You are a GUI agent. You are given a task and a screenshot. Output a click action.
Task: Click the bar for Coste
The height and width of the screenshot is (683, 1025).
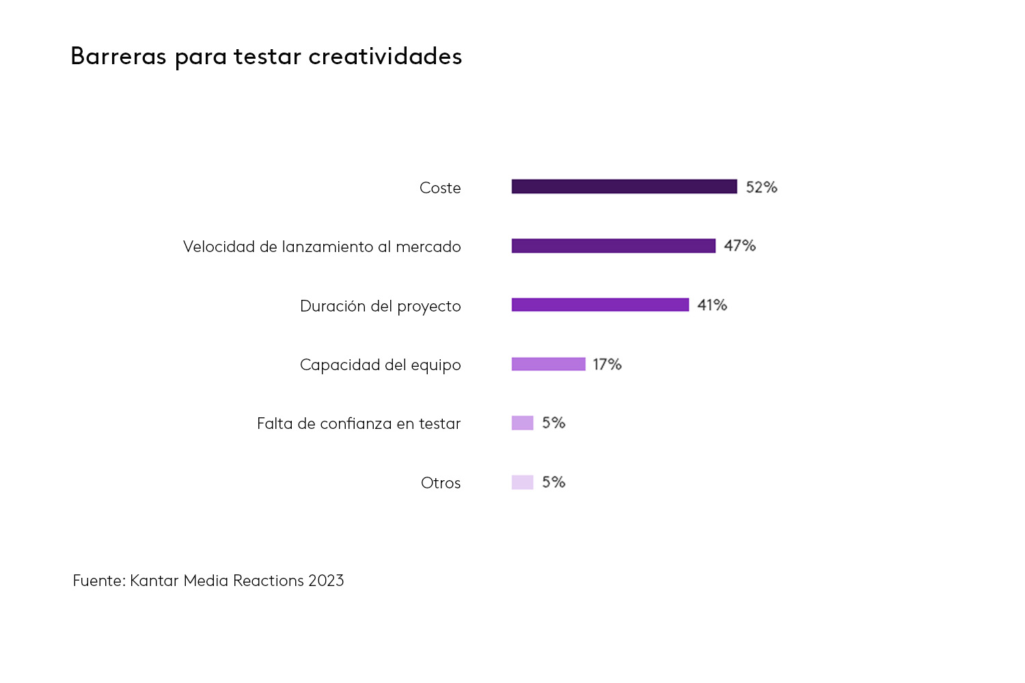coord(624,186)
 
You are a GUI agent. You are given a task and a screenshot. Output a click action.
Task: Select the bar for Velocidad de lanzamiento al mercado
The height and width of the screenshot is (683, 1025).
coord(613,246)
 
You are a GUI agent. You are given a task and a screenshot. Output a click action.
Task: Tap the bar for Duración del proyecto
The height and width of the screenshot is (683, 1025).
coord(600,305)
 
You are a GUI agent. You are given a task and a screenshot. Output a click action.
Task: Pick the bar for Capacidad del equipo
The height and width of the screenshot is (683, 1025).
coord(548,364)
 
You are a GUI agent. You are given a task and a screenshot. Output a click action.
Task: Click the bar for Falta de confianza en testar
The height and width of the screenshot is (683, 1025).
coord(522,423)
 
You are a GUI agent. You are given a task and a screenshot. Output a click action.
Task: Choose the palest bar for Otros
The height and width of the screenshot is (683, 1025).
coord(522,482)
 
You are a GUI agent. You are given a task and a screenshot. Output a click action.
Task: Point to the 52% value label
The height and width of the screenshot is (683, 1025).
coord(761,187)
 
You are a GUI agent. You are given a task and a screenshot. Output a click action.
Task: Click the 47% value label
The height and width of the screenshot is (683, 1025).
coord(739,246)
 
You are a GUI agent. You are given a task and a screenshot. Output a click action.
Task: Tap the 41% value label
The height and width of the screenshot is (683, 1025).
coord(711,305)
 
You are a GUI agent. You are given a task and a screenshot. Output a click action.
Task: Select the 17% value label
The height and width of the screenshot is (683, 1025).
coord(607,365)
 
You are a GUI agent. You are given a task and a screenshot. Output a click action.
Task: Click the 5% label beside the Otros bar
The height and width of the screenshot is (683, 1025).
coord(553,482)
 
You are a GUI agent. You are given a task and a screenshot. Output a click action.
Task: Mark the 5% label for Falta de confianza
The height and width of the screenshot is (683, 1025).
coord(553,423)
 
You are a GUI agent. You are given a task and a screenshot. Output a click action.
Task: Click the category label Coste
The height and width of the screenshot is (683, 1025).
coord(440,188)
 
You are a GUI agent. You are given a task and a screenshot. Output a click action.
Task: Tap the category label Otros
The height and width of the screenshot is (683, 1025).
coord(441,483)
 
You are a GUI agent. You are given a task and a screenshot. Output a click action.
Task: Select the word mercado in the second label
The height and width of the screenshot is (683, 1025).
coord(428,247)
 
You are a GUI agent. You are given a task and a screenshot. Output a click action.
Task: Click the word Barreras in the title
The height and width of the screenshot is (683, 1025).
coord(118,56)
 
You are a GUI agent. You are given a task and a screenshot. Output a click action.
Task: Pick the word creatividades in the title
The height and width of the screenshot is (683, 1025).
coord(385,56)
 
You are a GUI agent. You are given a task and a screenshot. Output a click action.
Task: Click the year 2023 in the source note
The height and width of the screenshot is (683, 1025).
coord(326,581)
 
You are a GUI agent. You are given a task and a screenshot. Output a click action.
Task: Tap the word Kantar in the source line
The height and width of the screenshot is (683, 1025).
coord(154,581)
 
